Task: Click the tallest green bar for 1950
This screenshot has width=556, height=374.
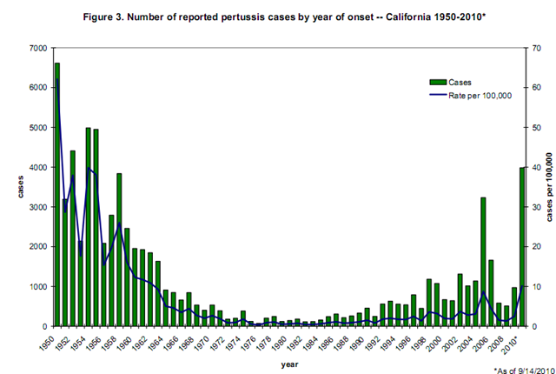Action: (x=57, y=195)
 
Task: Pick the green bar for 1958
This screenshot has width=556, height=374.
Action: (x=119, y=250)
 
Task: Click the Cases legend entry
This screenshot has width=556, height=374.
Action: (x=450, y=83)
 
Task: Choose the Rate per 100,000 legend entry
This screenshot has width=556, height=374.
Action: (x=471, y=96)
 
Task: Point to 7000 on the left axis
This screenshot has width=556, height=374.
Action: (x=39, y=48)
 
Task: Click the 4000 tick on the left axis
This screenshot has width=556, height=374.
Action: (x=39, y=167)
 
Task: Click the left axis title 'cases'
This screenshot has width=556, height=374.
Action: (x=21, y=187)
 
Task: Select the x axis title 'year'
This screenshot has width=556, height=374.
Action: (x=289, y=364)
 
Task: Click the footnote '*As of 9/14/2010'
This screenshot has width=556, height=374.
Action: (x=525, y=371)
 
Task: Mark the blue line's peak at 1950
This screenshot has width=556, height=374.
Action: (x=57, y=79)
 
